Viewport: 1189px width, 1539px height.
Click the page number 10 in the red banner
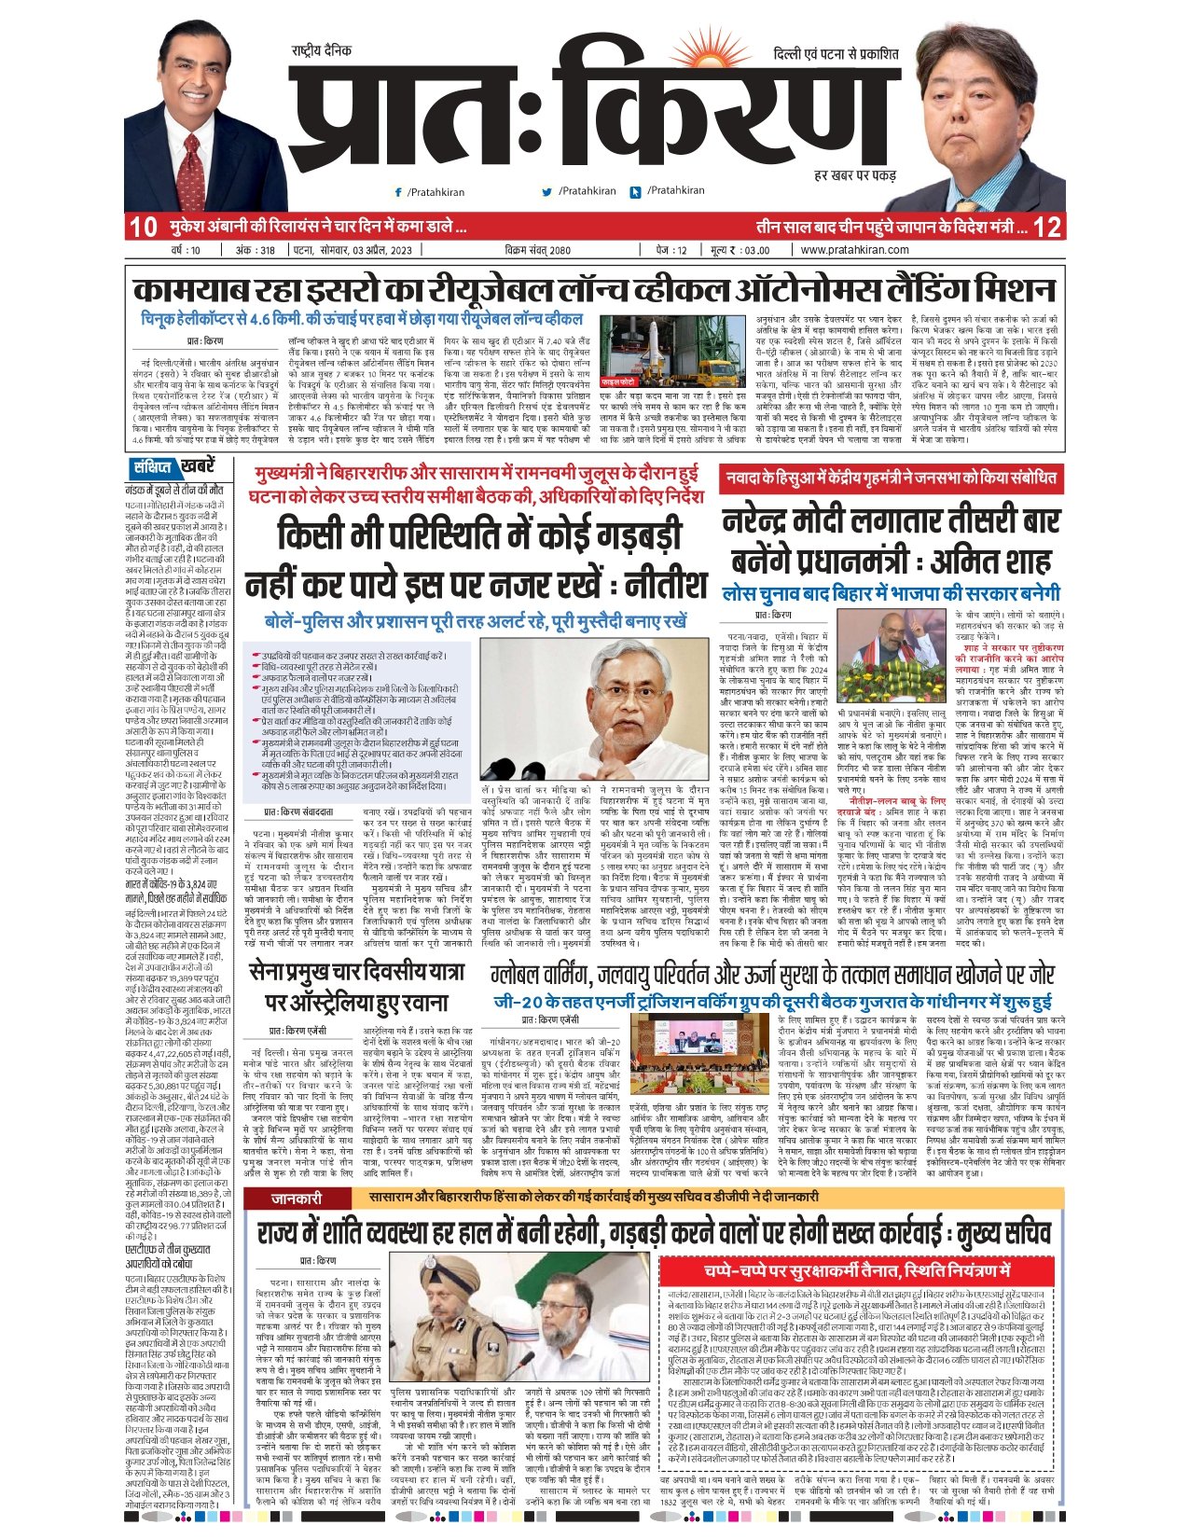pos(143,227)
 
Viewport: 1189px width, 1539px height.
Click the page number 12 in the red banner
pos(1047,227)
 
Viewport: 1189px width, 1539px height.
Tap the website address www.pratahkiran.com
pos(854,250)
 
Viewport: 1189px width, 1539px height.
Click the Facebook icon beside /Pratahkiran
pos(399,192)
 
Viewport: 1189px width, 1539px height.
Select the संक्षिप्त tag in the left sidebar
pos(151,467)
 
